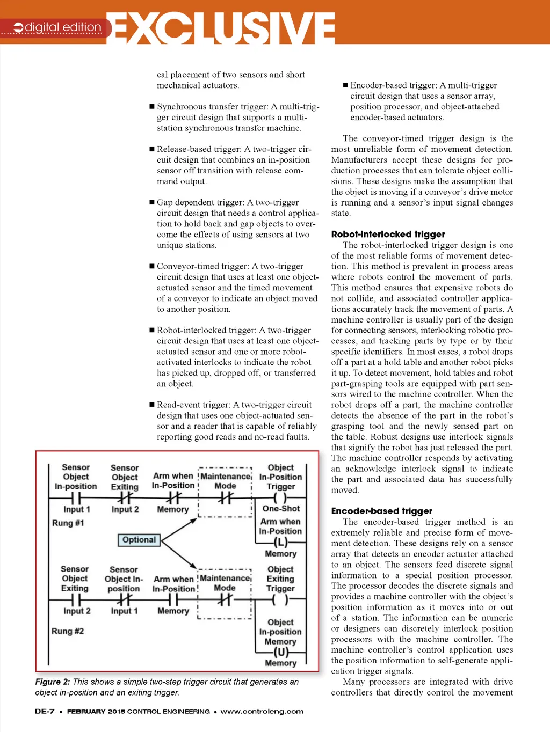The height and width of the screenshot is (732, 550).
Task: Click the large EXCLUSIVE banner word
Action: pyautogui.click(x=223, y=27)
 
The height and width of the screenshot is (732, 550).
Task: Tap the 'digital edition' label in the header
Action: pyautogui.click(x=63, y=27)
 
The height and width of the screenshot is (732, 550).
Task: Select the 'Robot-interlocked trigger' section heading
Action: pyautogui.click(x=388, y=234)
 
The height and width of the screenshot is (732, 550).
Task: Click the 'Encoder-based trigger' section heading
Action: pyautogui.click(x=381, y=511)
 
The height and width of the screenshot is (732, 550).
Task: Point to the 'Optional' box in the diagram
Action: pyautogui.click(x=139, y=540)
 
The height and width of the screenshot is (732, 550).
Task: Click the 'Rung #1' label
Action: pyautogui.click(x=68, y=523)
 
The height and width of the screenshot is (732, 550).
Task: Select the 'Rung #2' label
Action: pyautogui.click(x=68, y=631)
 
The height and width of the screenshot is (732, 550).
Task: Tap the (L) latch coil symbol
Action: pyautogui.click(x=280, y=543)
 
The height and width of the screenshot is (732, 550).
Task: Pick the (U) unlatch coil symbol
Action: pyautogui.click(x=280, y=652)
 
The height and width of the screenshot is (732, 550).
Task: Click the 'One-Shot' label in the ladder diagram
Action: pyautogui.click(x=281, y=508)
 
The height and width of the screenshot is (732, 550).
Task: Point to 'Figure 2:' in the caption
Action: pyautogui.click(x=53, y=682)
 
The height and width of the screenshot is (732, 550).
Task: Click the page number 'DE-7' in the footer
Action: pyautogui.click(x=45, y=712)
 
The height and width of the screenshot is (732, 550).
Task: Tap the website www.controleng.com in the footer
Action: pyautogui.click(x=262, y=712)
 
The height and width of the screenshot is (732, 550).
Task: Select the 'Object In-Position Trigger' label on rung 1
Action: pyautogui.click(x=281, y=477)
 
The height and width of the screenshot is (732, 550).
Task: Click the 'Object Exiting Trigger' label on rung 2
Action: pyautogui.click(x=280, y=579)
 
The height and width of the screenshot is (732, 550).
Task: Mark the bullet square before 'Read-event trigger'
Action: pyautogui.click(x=151, y=405)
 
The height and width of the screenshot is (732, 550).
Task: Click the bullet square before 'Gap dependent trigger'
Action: pyautogui.click(x=151, y=202)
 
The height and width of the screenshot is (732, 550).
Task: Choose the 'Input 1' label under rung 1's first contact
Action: pyautogui.click(x=77, y=509)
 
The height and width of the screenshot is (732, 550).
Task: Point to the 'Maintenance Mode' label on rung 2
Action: pyautogui.click(x=225, y=583)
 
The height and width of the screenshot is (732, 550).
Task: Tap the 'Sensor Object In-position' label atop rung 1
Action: pyautogui.click(x=76, y=477)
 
